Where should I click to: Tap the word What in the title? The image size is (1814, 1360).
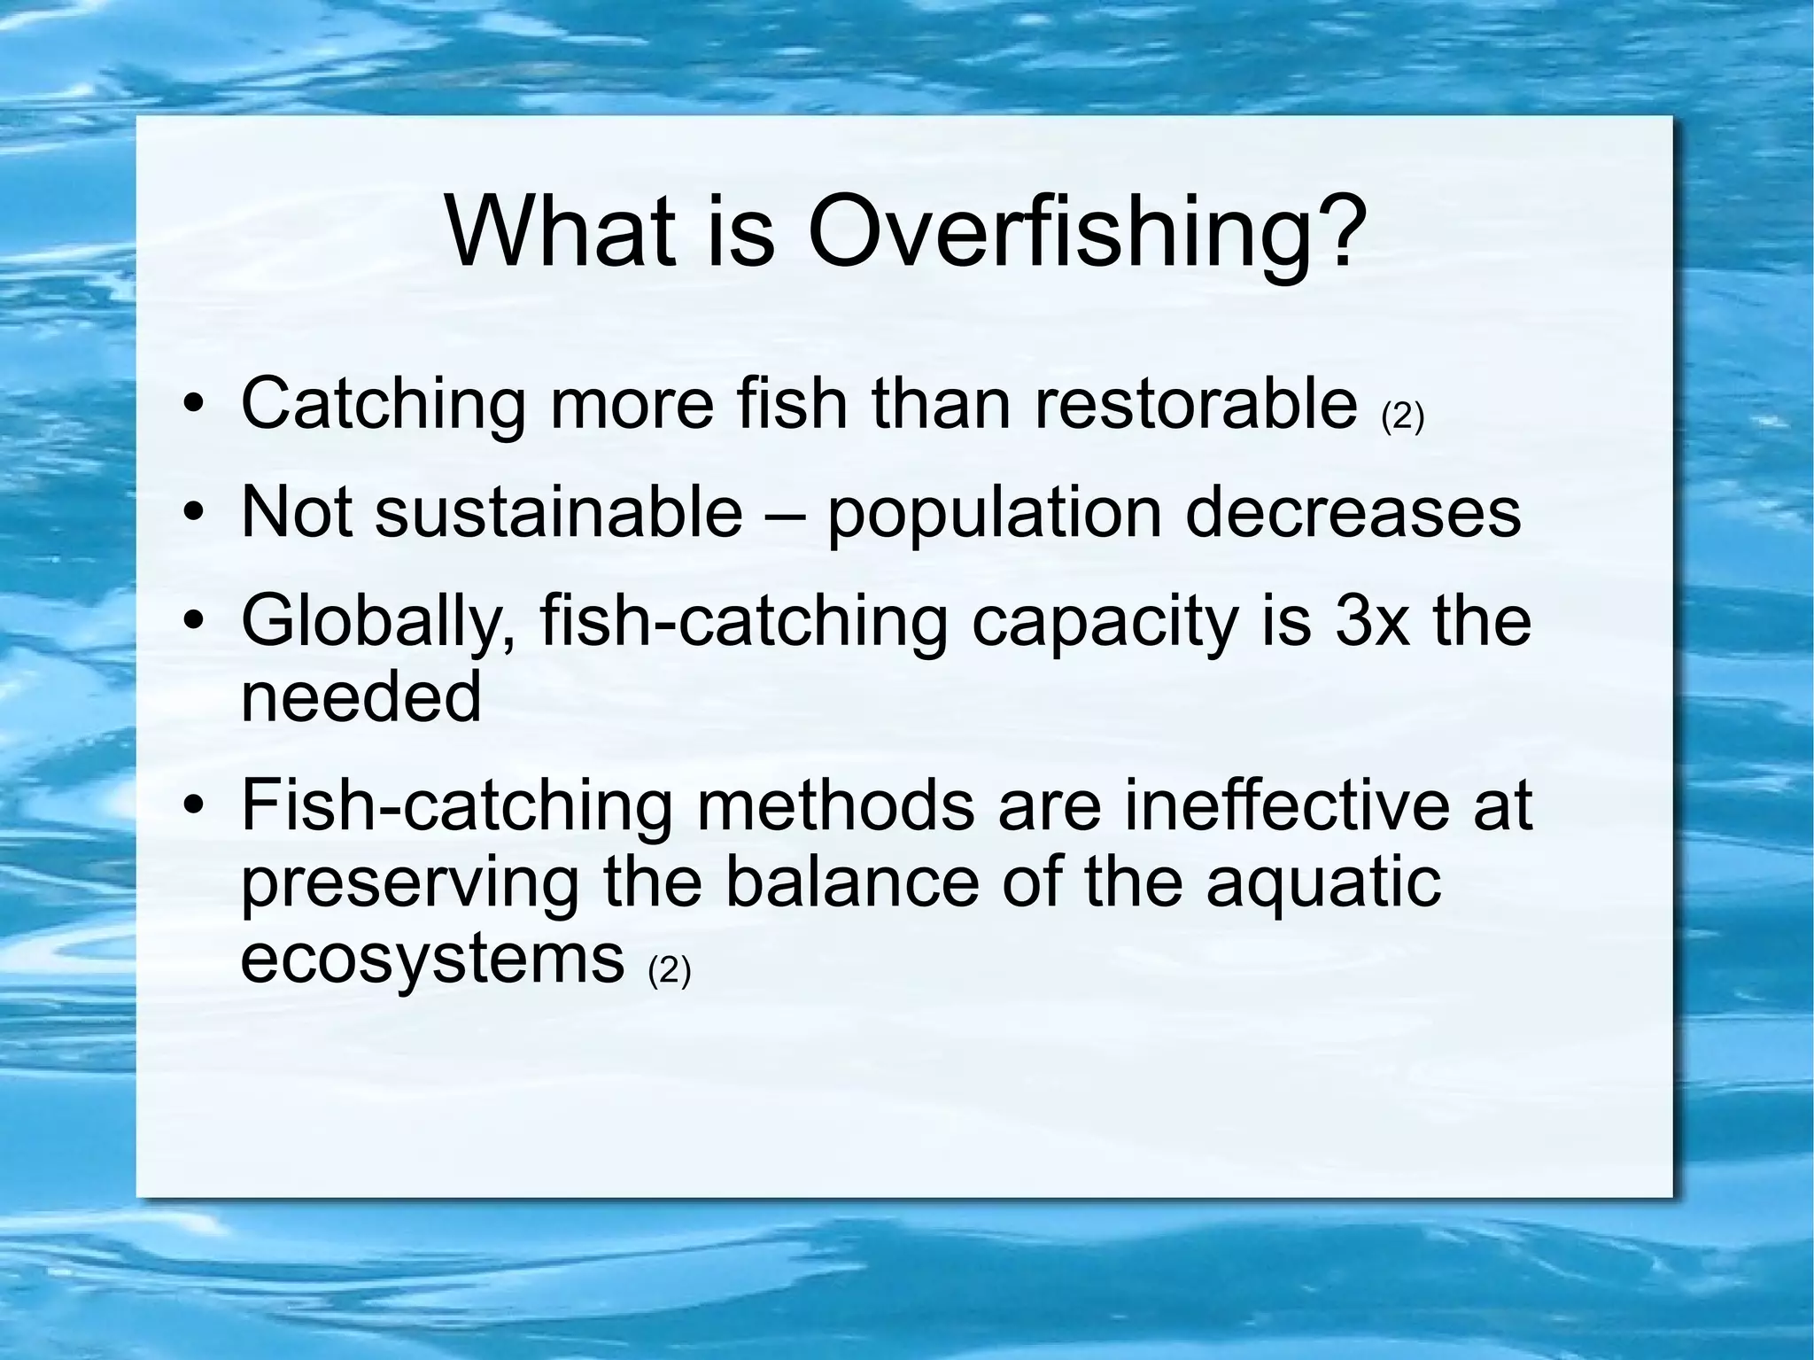pos(562,232)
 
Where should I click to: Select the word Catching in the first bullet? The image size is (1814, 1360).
pos(383,405)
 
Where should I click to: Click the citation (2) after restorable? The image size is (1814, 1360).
pos(1402,417)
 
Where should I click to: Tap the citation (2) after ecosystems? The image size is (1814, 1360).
pos(669,970)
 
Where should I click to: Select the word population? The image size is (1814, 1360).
pos(994,514)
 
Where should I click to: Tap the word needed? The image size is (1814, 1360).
pos(361,696)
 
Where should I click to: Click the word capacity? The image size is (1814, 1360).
pos(1103,624)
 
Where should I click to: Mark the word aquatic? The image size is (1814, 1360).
pos(1323,883)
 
